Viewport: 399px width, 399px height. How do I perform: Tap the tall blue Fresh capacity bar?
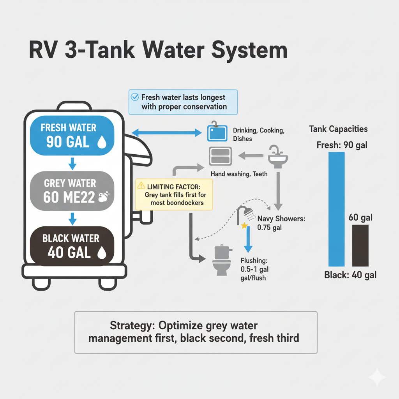click(x=337, y=209)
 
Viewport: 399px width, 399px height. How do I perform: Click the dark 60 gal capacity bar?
click(x=360, y=245)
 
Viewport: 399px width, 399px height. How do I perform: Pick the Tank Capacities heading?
click(x=338, y=129)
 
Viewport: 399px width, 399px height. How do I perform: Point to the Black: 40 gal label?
click(x=350, y=275)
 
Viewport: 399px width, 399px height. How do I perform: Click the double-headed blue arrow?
click(x=166, y=134)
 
